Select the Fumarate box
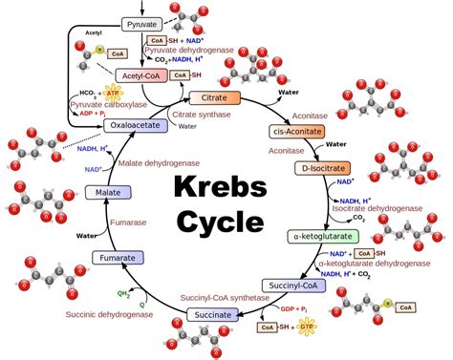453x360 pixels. [118, 258]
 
